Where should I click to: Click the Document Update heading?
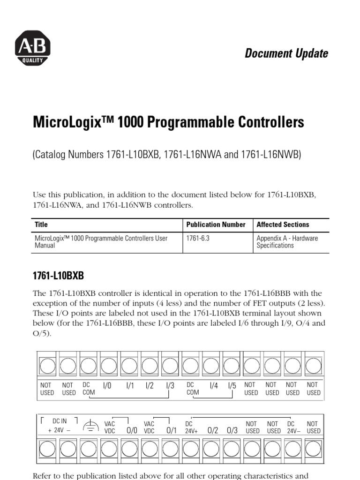click(286, 53)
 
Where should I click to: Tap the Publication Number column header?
click(216, 225)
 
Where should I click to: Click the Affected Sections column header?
click(283, 225)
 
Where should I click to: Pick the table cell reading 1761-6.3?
click(198, 238)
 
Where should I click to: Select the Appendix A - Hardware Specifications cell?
click(286, 242)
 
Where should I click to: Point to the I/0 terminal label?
click(107, 386)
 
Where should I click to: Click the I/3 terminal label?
click(170, 386)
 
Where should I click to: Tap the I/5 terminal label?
click(232, 386)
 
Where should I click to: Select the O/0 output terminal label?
click(132, 430)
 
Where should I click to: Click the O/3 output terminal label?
click(232, 430)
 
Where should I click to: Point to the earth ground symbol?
click(90, 426)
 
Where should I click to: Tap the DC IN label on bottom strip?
click(59, 421)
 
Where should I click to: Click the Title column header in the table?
click(41, 225)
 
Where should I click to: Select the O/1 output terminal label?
click(172, 430)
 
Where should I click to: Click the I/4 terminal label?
click(214, 386)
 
